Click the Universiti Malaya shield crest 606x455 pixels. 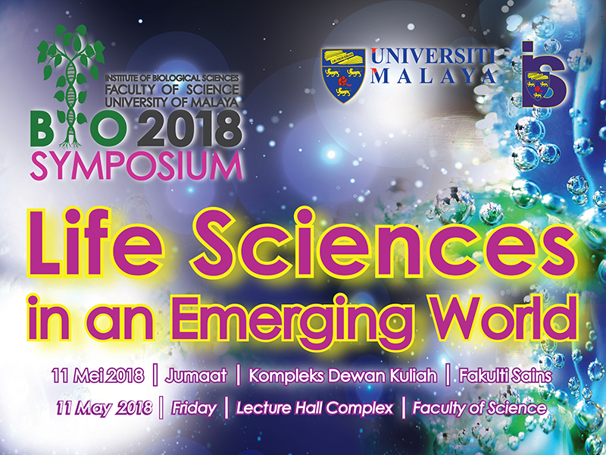(343, 75)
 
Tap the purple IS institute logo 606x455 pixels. (544, 74)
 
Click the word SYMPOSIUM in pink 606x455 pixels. (136, 167)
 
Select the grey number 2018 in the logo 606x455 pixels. (190, 128)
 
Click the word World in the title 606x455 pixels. (503, 318)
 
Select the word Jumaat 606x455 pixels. (196, 376)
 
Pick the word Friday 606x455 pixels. (194, 408)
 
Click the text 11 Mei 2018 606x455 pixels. (98, 375)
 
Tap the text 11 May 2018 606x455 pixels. (105, 408)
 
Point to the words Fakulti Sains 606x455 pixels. (505, 375)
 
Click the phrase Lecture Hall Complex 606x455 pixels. (314, 408)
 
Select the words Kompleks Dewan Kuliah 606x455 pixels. (343, 376)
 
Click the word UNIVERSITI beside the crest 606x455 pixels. (433, 56)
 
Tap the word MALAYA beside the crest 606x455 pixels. (433, 77)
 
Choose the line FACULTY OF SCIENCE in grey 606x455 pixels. (172, 89)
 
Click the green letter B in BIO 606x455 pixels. (43, 130)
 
